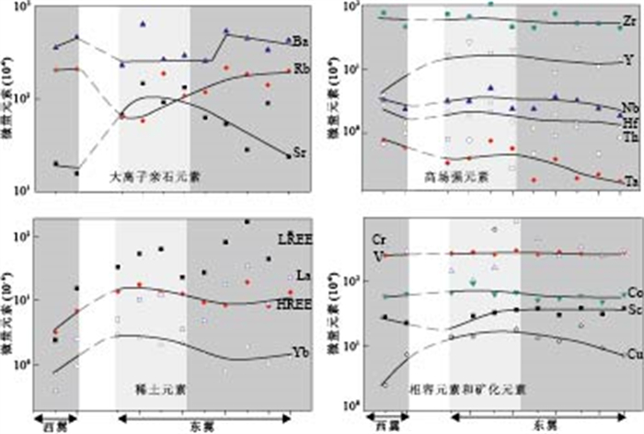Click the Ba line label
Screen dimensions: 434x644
click(301, 40)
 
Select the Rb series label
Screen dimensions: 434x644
click(301, 68)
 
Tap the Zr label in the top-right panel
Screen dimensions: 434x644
click(627, 19)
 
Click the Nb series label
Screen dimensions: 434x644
click(627, 108)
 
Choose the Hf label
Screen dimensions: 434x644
click(627, 122)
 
